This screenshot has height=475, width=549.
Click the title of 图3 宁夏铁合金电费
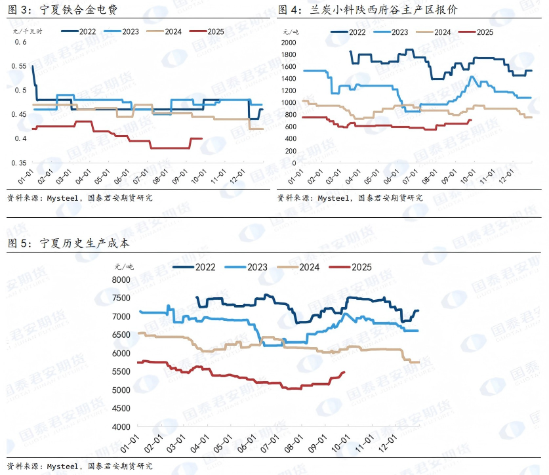point(62,10)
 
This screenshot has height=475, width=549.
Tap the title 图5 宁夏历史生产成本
point(69,243)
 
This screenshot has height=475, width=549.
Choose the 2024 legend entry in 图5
point(308,266)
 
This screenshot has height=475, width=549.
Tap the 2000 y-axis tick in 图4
point(290,42)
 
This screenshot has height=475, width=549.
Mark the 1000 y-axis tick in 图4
point(290,103)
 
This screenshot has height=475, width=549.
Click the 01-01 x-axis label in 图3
point(25,178)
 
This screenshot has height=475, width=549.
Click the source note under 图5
point(79,466)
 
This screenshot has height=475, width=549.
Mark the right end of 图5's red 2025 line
point(345,373)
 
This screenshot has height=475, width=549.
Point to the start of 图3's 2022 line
point(32,66)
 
